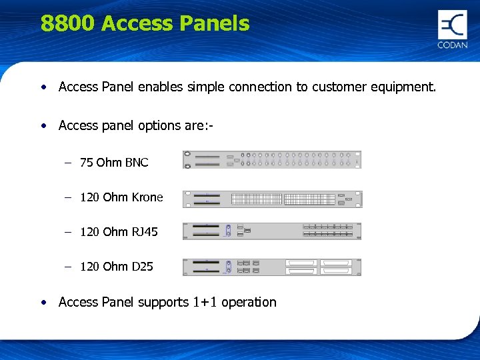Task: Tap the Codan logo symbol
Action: (452, 25)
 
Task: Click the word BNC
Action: (137, 162)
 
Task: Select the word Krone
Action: (147, 197)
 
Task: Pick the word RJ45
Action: (145, 231)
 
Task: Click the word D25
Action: (142, 267)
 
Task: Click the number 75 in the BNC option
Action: (86, 162)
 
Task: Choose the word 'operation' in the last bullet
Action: (249, 303)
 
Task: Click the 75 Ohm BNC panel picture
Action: (272, 159)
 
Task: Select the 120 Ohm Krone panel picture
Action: (272, 199)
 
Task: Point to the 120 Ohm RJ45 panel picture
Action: (272, 231)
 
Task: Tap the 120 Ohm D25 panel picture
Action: (272, 267)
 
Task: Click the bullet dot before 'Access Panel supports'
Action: (43, 302)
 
